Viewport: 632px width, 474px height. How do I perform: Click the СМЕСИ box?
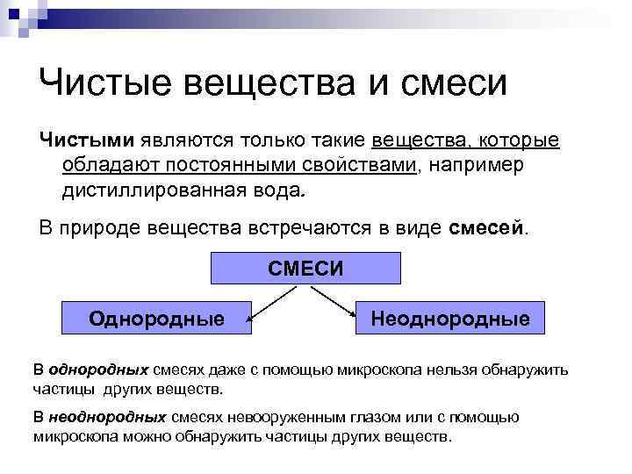pyautogui.click(x=305, y=267)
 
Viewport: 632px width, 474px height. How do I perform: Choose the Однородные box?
pyautogui.click(x=156, y=318)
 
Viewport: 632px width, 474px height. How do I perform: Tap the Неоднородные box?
pyautogui.click(x=449, y=318)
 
